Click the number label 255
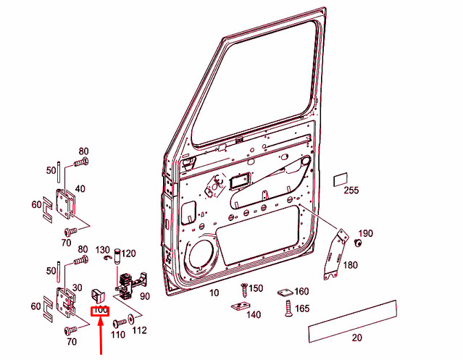click(351, 191)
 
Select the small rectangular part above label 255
click(341, 180)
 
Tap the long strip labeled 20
click(352, 322)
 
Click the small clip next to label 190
click(358, 243)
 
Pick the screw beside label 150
click(245, 290)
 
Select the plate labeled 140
click(241, 306)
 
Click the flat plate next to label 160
click(285, 292)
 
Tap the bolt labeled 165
click(288, 309)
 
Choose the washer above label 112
click(130, 319)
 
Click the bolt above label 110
click(119, 323)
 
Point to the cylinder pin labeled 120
click(118, 256)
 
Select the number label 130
click(102, 250)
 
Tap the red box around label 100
click(100, 311)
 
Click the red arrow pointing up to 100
click(101, 335)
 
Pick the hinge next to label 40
click(65, 204)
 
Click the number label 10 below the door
click(214, 293)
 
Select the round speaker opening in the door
click(201, 254)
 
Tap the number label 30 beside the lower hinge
click(77, 288)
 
